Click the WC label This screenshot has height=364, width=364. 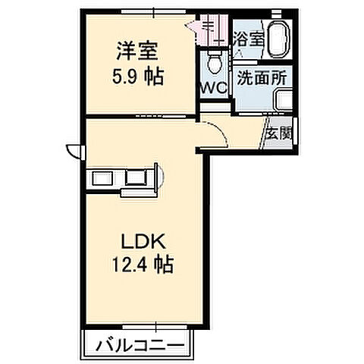(x=212, y=88)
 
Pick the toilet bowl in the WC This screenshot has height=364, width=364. (x=214, y=58)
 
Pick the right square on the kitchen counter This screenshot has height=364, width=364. (x=137, y=178)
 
